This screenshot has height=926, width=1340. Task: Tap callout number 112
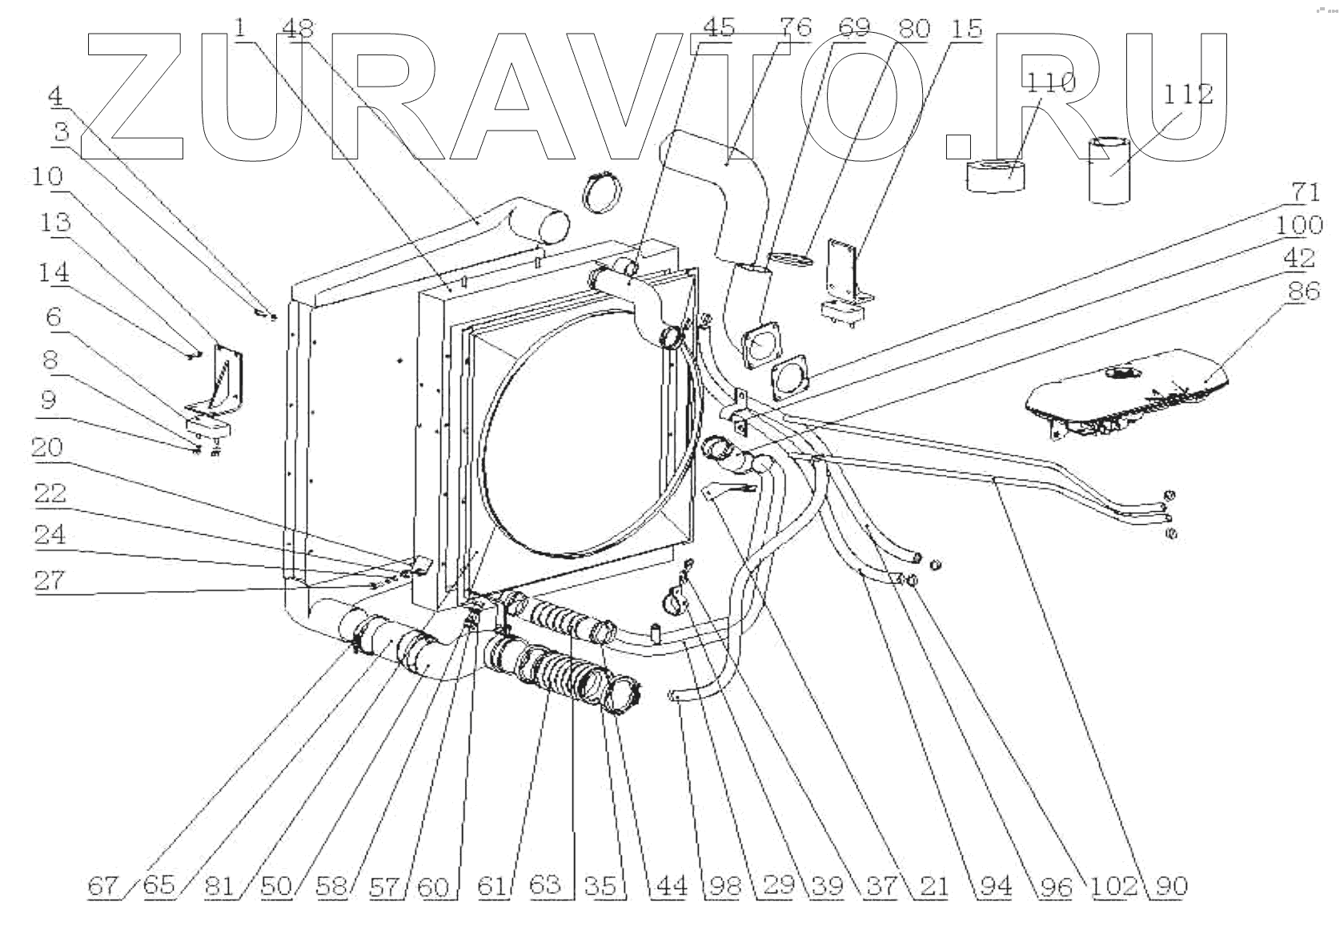coord(1188,94)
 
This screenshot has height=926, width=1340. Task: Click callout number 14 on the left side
coord(53,272)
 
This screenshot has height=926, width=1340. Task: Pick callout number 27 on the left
coord(48,579)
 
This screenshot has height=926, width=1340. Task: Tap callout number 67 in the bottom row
coord(101,886)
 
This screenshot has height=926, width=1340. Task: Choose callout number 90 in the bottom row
coord(1170,886)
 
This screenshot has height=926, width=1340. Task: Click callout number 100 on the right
coord(1299,225)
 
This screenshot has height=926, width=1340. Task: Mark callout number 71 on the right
coord(1306,192)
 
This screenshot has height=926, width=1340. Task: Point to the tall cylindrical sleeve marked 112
coord(1109,170)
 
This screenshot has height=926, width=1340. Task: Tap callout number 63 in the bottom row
coord(544,886)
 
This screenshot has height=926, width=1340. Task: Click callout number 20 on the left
coord(48,447)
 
